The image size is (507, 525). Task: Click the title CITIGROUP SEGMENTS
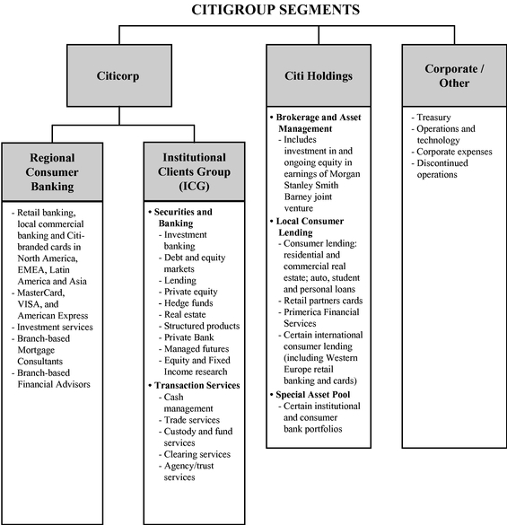[x=275, y=9]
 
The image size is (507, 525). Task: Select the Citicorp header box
[x=119, y=75]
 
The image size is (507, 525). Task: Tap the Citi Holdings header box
[x=319, y=75]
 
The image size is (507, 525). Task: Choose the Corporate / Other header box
[x=454, y=75]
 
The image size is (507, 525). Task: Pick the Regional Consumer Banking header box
[x=52, y=172]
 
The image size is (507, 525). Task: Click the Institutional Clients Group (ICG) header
[x=194, y=171]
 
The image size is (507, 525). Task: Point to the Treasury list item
[x=432, y=118]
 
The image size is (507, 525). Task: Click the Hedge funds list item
[x=186, y=303]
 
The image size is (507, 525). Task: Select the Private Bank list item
[x=186, y=337]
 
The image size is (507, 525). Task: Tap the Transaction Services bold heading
[x=194, y=385]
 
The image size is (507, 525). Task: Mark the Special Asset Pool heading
[x=310, y=395]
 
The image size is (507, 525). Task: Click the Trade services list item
[x=189, y=420]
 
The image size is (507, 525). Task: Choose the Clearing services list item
[x=195, y=454]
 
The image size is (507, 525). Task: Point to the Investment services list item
[x=52, y=328]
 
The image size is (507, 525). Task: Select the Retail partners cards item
[x=320, y=301]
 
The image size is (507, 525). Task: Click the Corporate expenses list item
[x=452, y=152]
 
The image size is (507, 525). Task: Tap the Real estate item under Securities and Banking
[x=182, y=315]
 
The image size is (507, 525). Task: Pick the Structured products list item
[x=199, y=326]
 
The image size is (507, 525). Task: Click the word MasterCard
[x=41, y=293]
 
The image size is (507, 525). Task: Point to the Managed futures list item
[x=194, y=349]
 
